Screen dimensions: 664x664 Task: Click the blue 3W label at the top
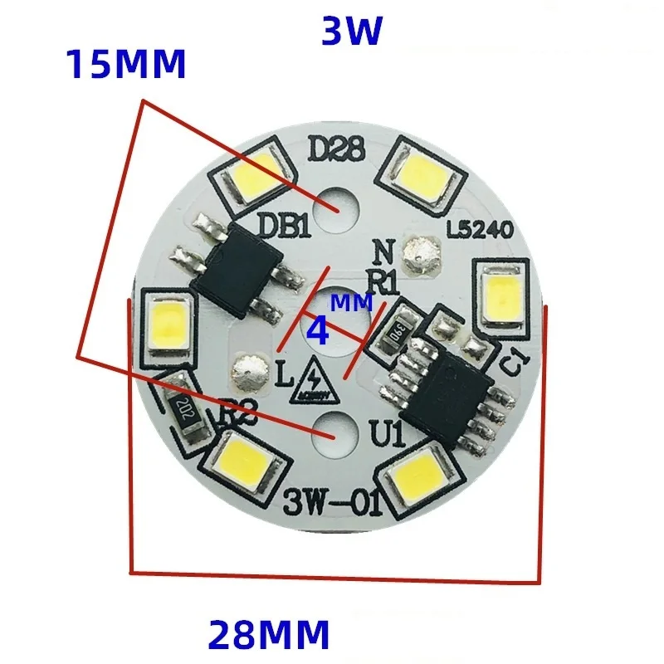pos(351,32)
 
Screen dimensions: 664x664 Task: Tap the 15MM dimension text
pos(125,65)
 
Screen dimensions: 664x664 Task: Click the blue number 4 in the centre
pos(318,332)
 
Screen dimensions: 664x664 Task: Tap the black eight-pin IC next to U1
pos(447,385)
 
